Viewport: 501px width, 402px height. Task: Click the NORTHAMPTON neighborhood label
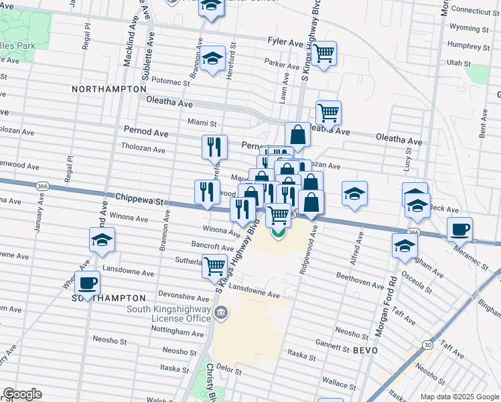click(x=109, y=88)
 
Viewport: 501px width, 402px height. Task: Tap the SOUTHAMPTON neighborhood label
click(x=108, y=297)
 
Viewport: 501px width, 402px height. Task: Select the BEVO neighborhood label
click(x=366, y=350)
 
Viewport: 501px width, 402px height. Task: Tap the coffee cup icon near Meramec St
click(x=459, y=229)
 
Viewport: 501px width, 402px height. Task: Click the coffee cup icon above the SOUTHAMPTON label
click(x=87, y=283)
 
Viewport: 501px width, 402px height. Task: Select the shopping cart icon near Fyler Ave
click(x=324, y=53)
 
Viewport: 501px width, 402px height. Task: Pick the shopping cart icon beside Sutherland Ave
click(x=214, y=266)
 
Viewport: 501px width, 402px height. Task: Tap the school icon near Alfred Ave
click(x=354, y=194)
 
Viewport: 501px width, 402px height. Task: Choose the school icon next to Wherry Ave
click(x=101, y=240)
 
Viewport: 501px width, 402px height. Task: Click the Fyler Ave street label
click(x=285, y=42)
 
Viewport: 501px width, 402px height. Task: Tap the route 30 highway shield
click(x=427, y=344)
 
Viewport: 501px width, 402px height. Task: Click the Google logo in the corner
click(x=22, y=394)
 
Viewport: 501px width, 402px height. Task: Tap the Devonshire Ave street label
click(x=184, y=295)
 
